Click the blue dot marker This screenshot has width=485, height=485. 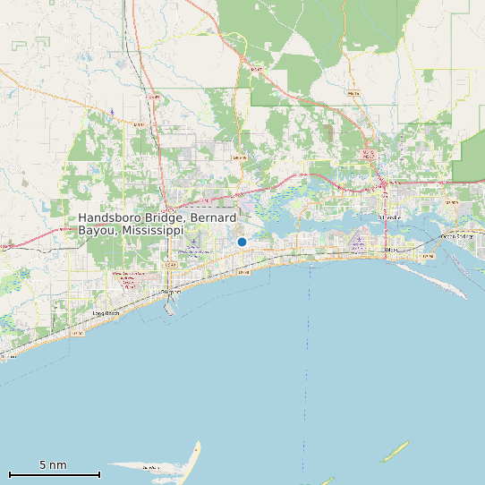tap(242, 242)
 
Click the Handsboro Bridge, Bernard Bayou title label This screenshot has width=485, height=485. tap(157, 224)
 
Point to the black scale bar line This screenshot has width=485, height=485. tap(54, 474)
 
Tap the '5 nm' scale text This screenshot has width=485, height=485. tap(53, 465)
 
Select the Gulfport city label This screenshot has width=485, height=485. tap(170, 292)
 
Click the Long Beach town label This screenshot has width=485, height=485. tap(106, 313)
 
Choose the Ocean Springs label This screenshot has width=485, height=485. tap(457, 236)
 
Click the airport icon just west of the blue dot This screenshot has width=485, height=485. tap(192, 247)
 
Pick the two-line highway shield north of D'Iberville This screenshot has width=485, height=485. tap(367, 155)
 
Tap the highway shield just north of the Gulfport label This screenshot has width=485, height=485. tap(170, 265)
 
